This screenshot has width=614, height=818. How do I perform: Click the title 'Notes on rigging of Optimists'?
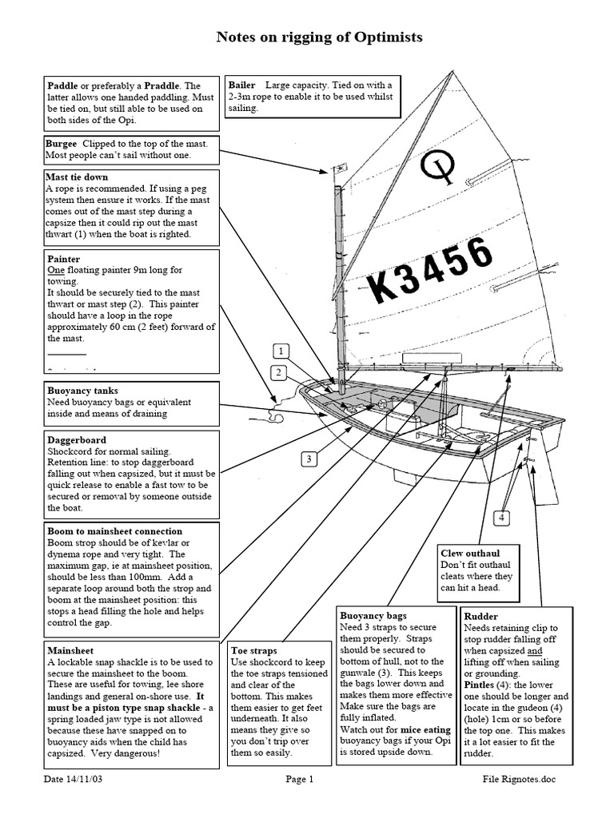(x=320, y=37)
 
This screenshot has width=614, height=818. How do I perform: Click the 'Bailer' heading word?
(x=242, y=85)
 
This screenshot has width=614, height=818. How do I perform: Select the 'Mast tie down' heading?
(x=77, y=177)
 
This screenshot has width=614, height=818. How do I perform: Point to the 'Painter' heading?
(x=62, y=259)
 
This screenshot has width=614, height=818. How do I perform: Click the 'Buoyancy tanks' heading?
(x=82, y=391)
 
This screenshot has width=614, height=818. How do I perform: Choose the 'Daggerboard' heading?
(x=76, y=440)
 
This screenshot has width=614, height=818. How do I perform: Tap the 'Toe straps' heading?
(x=255, y=650)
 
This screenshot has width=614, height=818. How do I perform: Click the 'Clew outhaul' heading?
(x=470, y=552)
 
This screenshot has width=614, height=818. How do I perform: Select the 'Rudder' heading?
(x=482, y=616)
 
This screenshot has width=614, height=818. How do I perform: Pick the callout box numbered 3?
(x=309, y=459)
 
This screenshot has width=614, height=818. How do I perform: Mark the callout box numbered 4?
(x=501, y=518)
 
